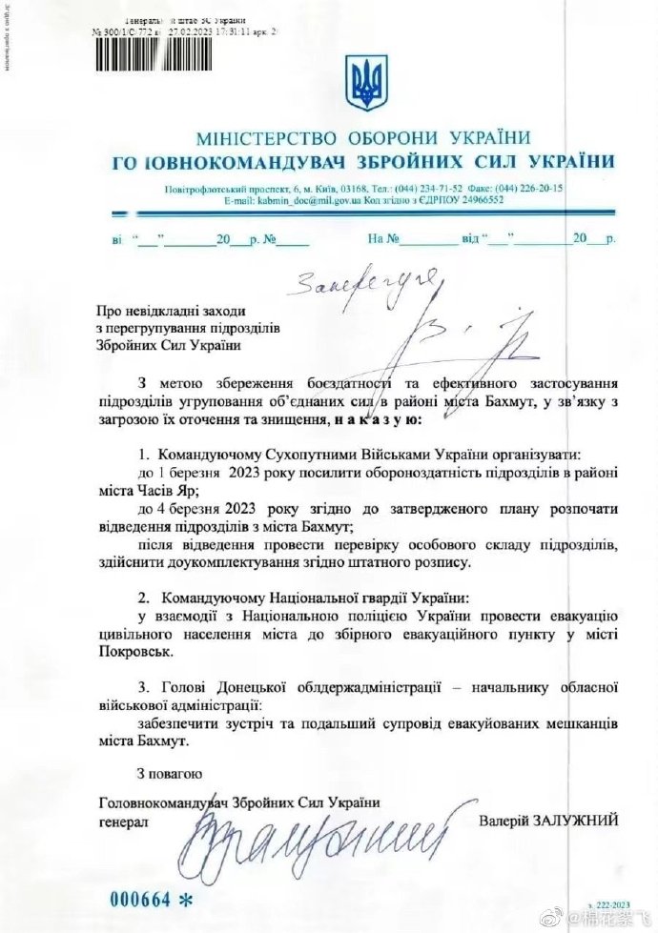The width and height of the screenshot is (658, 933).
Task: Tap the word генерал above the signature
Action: tap(124, 819)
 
